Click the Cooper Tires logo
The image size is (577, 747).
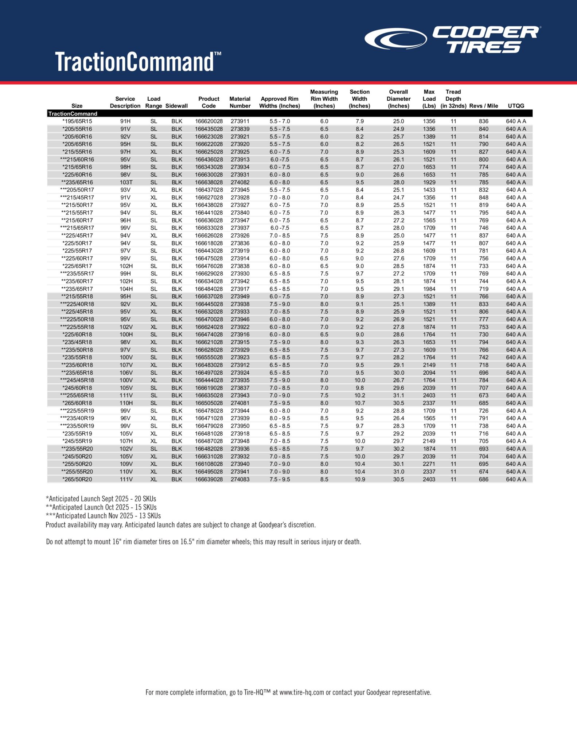pyautogui.click(x=453, y=39)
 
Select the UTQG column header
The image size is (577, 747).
pyautogui.click(x=516, y=106)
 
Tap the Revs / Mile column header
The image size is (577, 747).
pyautogui.click(x=483, y=106)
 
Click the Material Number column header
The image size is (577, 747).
pyautogui.click(x=240, y=102)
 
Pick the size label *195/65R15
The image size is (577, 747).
pyautogui.click(x=77, y=121)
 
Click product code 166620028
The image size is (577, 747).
pyautogui.click(x=208, y=121)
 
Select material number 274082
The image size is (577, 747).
pyautogui.click(x=240, y=182)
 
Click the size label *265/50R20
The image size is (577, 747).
pyautogui.click(x=77, y=479)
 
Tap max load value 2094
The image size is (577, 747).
pyautogui.click(x=429, y=373)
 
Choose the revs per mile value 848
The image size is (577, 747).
pyautogui.click(x=483, y=197)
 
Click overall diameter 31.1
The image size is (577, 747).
pyautogui.click(x=398, y=395)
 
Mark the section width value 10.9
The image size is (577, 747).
pyautogui.click(x=359, y=479)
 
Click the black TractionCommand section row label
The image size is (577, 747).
pyautogui.click(x=73, y=113)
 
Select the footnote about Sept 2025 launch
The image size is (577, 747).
pyautogui.click(x=101, y=499)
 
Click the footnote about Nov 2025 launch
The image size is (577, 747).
pyautogui.click(x=103, y=516)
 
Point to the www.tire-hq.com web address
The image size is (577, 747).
pyautogui.click(x=302, y=692)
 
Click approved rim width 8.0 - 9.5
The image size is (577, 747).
pyautogui.click(x=280, y=418)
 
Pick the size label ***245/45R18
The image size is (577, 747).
pyautogui.click(x=77, y=380)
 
